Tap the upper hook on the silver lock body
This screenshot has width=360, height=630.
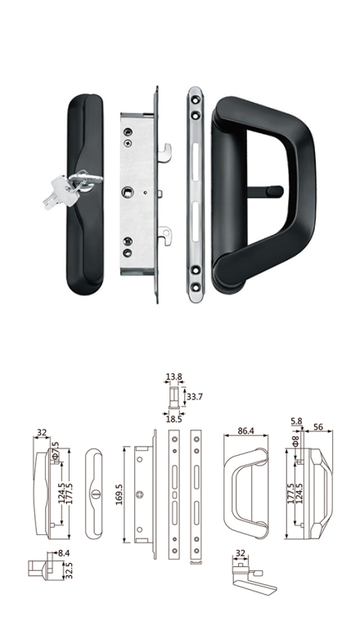pyautogui.click(x=165, y=153)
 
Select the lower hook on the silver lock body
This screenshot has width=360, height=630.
pyautogui.click(x=165, y=236)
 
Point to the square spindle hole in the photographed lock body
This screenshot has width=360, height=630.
pyautogui.click(x=127, y=192)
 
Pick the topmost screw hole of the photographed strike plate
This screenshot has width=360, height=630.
pyautogui.click(x=196, y=99)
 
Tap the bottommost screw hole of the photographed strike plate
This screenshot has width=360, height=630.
pyautogui.click(x=196, y=287)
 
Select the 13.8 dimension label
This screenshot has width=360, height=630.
pyautogui.click(x=174, y=377)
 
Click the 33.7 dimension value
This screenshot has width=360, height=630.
pyautogui.click(x=195, y=397)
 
